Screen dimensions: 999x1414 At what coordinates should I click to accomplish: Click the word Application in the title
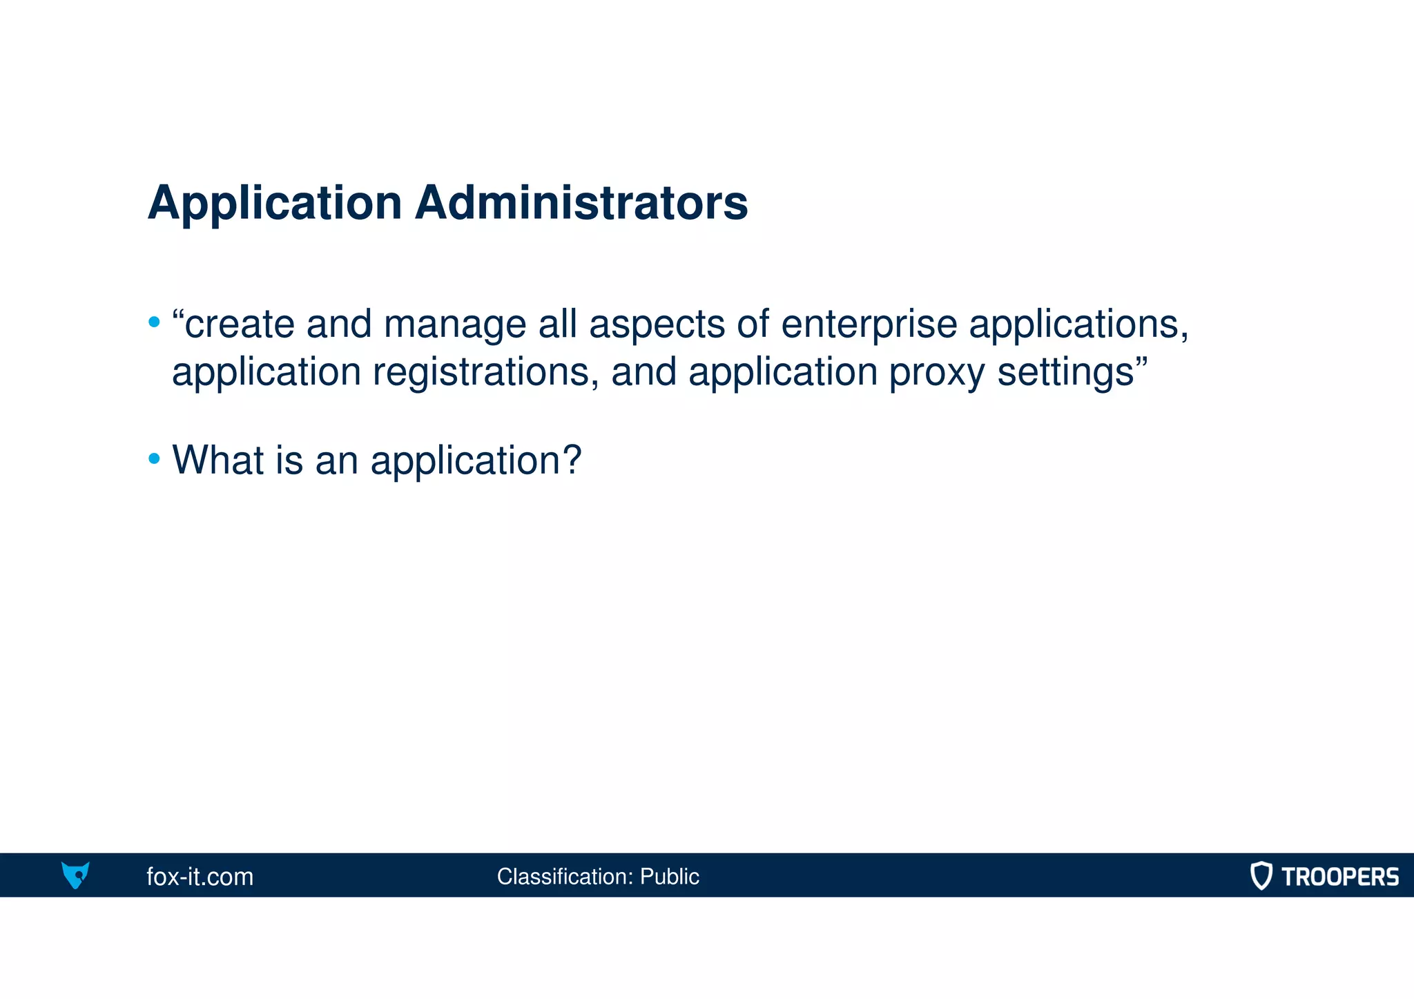(275, 203)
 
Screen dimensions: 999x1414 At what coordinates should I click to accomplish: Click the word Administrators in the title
(581, 203)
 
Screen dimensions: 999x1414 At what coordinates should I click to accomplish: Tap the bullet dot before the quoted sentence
(154, 322)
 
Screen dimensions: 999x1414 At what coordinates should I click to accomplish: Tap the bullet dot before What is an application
(154, 458)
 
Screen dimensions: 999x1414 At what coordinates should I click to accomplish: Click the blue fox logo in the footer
(75, 875)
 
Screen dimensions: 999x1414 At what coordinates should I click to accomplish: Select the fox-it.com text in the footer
(200, 877)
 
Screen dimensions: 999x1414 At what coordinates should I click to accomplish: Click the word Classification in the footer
(564, 877)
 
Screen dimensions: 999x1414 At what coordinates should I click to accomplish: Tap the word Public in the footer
(669, 877)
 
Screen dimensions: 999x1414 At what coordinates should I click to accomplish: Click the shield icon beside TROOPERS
(1261, 875)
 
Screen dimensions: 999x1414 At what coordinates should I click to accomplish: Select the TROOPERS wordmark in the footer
(1339, 877)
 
